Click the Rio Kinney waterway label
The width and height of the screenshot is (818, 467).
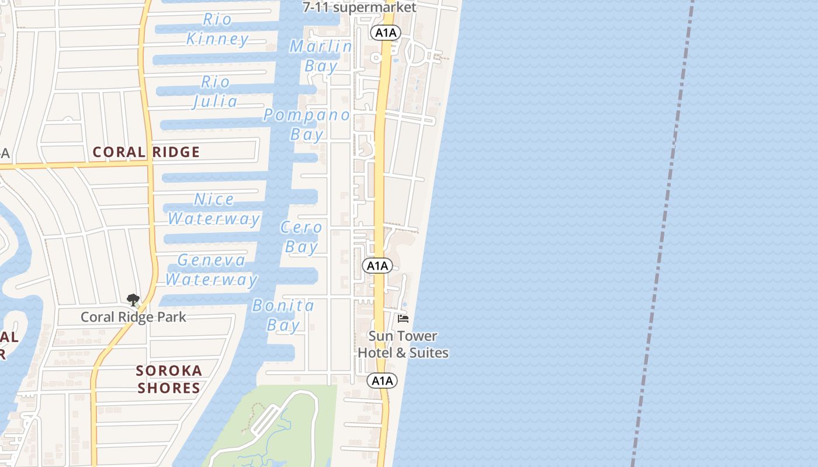click(x=217, y=29)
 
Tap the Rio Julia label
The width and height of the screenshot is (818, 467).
click(x=215, y=92)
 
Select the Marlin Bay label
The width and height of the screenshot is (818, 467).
click(x=321, y=56)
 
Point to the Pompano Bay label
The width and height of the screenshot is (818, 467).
click(x=307, y=124)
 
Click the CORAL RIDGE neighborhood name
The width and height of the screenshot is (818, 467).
click(x=146, y=152)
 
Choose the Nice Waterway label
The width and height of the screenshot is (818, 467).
click(x=214, y=209)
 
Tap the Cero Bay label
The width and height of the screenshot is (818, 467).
click(x=301, y=237)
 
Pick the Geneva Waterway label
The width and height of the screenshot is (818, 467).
click(x=211, y=270)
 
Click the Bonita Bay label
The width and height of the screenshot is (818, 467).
click(x=283, y=315)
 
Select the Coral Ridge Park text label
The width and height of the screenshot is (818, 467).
click(x=133, y=317)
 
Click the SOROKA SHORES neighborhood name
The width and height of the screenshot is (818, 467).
click(x=169, y=379)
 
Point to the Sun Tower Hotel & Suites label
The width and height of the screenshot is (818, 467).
click(x=403, y=344)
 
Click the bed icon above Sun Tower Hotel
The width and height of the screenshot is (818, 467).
click(x=403, y=319)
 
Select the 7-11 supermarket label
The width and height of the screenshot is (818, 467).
click(x=359, y=8)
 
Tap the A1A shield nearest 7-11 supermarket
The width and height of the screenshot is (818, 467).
click(x=385, y=33)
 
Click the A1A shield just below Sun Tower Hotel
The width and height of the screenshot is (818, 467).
click(x=382, y=381)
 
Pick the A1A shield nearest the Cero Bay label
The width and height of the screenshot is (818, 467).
click(x=377, y=266)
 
